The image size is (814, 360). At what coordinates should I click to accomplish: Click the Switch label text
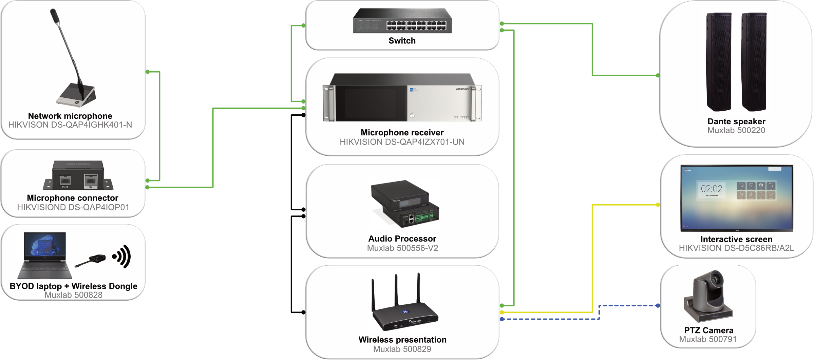402,41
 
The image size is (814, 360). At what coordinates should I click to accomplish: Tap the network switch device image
402,21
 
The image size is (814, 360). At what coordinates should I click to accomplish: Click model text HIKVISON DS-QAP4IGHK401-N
70,125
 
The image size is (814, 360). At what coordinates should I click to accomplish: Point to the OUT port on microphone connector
65,181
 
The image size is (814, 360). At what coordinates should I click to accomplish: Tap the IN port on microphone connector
91,181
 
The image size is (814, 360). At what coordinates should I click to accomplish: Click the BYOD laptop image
45,255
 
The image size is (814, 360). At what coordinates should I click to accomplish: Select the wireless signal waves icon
122,257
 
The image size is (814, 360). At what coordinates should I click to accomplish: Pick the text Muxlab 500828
73,295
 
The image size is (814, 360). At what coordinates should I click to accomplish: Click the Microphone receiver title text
402,133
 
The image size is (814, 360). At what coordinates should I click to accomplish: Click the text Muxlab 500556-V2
402,248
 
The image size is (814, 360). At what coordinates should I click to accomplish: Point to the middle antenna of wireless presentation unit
396,290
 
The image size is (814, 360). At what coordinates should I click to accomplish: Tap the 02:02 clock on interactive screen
712,189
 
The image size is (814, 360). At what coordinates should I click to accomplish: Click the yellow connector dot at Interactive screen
658,205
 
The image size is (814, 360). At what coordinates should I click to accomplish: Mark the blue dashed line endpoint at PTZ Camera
658,306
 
